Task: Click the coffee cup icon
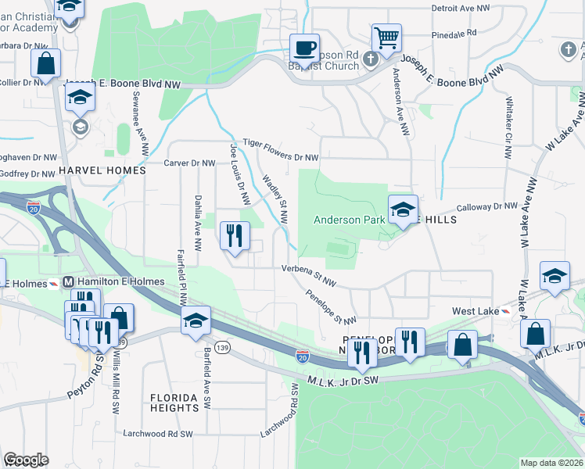tap(304, 48)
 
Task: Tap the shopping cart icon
tap(386, 38)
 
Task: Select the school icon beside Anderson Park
tap(403, 209)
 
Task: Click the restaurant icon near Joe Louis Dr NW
tap(235, 234)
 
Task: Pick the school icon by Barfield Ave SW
tap(196, 320)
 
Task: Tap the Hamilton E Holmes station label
tap(114, 281)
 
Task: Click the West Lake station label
tap(476, 311)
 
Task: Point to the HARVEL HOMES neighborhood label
tap(102, 170)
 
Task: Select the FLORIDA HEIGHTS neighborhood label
tap(174, 403)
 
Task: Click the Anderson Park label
tap(349, 220)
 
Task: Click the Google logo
tap(26, 459)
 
